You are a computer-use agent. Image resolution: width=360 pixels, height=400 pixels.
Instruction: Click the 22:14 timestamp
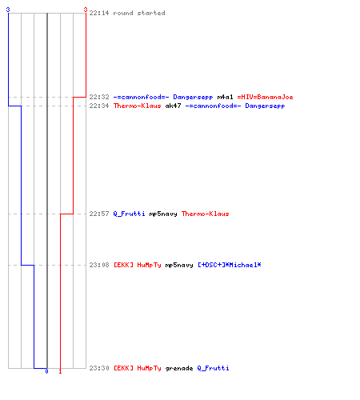tap(99, 13)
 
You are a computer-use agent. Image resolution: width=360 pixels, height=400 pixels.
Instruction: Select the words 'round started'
tap(139, 13)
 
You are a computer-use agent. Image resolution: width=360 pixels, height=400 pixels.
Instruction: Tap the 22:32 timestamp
tap(99, 97)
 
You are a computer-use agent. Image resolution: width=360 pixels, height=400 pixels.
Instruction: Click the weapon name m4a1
tap(225, 97)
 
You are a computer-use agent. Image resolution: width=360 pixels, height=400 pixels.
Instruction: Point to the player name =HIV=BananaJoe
tap(265, 97)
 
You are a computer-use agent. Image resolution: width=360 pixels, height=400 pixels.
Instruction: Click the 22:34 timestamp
tap(99, 106)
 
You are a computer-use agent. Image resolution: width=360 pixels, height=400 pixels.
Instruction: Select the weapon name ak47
tap(173, 106)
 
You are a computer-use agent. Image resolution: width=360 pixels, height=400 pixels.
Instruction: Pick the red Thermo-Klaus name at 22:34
tap(138, 106)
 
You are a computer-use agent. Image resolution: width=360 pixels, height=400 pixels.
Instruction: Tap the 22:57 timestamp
tap(99, 214)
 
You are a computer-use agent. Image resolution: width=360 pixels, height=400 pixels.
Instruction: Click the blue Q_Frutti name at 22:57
tap(130, 214)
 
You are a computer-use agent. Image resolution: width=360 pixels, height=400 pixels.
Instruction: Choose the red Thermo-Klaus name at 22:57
tap(206, 214)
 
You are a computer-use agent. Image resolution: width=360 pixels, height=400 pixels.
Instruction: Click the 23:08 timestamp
tap(99, 265)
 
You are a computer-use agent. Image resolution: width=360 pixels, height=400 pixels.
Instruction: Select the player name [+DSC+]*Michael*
tap(230, 265)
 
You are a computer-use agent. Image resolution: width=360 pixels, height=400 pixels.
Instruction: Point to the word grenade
tap(179, 368)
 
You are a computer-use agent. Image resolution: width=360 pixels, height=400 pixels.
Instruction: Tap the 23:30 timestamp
tap(99, 368)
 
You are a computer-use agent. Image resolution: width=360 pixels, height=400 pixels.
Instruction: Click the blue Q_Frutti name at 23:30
tap(213, 368)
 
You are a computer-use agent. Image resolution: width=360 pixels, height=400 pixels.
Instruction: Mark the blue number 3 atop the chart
tap(8, 10)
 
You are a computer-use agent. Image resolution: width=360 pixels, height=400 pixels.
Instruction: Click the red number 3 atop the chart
tap(86, 10)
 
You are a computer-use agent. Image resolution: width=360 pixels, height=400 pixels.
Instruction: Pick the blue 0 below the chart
tap(46, 371)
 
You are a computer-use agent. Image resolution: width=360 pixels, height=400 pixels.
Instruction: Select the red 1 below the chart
tap(60, 371)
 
